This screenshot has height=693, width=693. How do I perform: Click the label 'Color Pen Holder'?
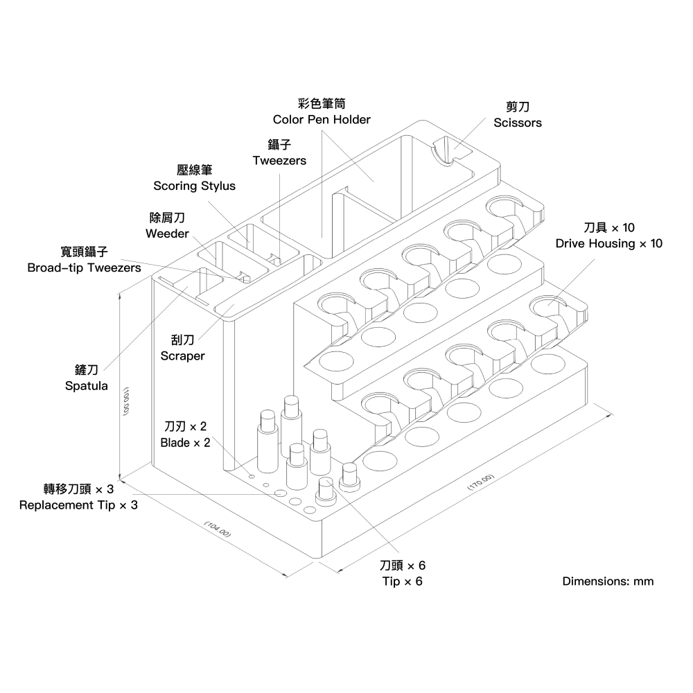click(322, 119)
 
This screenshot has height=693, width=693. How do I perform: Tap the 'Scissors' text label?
click(518, 123)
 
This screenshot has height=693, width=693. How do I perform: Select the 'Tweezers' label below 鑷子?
click(279, 160)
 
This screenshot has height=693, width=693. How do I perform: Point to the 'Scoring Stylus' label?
click(194, 186)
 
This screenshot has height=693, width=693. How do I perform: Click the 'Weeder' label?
click(167, 234)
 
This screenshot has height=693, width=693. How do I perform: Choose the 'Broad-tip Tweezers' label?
click(83, 267)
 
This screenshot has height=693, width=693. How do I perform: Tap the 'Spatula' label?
click(86, 386)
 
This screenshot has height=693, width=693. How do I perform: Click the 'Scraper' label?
click(183, 356)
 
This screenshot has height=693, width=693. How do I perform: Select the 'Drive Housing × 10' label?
click(609, 243)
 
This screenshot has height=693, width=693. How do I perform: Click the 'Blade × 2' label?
click(185, 443)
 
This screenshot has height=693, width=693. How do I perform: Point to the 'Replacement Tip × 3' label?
click(78, 505)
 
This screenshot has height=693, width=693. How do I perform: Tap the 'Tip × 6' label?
click(402, 581)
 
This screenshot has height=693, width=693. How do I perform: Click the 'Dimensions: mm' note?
click(608, 581)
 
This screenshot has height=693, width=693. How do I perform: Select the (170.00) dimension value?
click(480, 483)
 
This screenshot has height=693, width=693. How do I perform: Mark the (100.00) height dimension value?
click(127, 401)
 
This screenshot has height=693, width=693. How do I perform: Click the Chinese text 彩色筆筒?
click(322, 103)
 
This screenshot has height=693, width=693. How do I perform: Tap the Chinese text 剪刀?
click(518, 107)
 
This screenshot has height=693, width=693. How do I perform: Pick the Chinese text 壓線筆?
click(194, 170)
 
